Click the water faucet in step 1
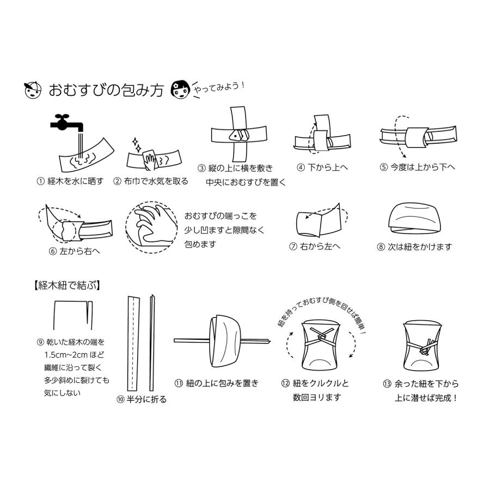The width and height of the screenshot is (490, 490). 66,122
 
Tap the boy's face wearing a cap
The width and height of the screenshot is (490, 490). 33,89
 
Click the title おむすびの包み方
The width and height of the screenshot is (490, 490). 106,90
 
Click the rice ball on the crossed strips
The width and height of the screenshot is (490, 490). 238,134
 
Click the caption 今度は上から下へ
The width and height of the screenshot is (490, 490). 422,167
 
